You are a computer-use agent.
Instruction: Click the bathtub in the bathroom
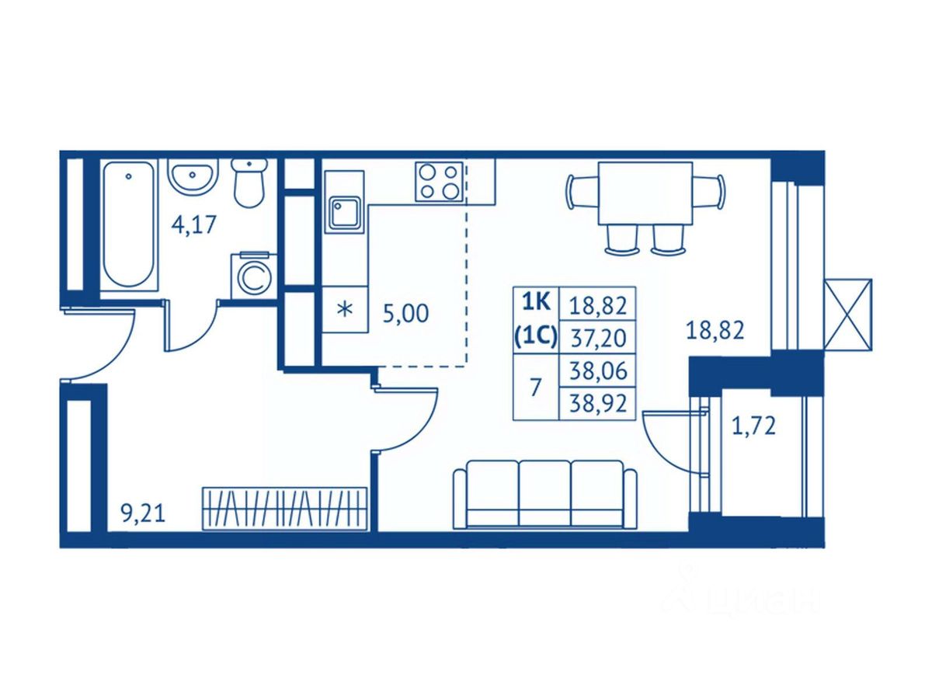[x=129, y=224]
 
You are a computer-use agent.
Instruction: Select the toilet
[x=249, y=183]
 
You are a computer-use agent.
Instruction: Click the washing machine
[x=252, y=275]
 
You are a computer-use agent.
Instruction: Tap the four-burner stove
[x=439, y=182]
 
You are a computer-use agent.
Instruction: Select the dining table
[x=645, y=193]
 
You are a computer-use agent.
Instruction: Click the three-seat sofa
[x=544, y=495]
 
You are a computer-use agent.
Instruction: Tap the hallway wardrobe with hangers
[x=284, y=509]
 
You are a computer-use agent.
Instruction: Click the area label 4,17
[x=193, y=226]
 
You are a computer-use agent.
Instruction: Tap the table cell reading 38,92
[x=597, y=403]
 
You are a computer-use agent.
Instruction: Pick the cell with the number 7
[x=535, y=388]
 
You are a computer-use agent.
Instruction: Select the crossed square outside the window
[x=847, y=315]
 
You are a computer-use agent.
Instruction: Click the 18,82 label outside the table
[x=715, y=331]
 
